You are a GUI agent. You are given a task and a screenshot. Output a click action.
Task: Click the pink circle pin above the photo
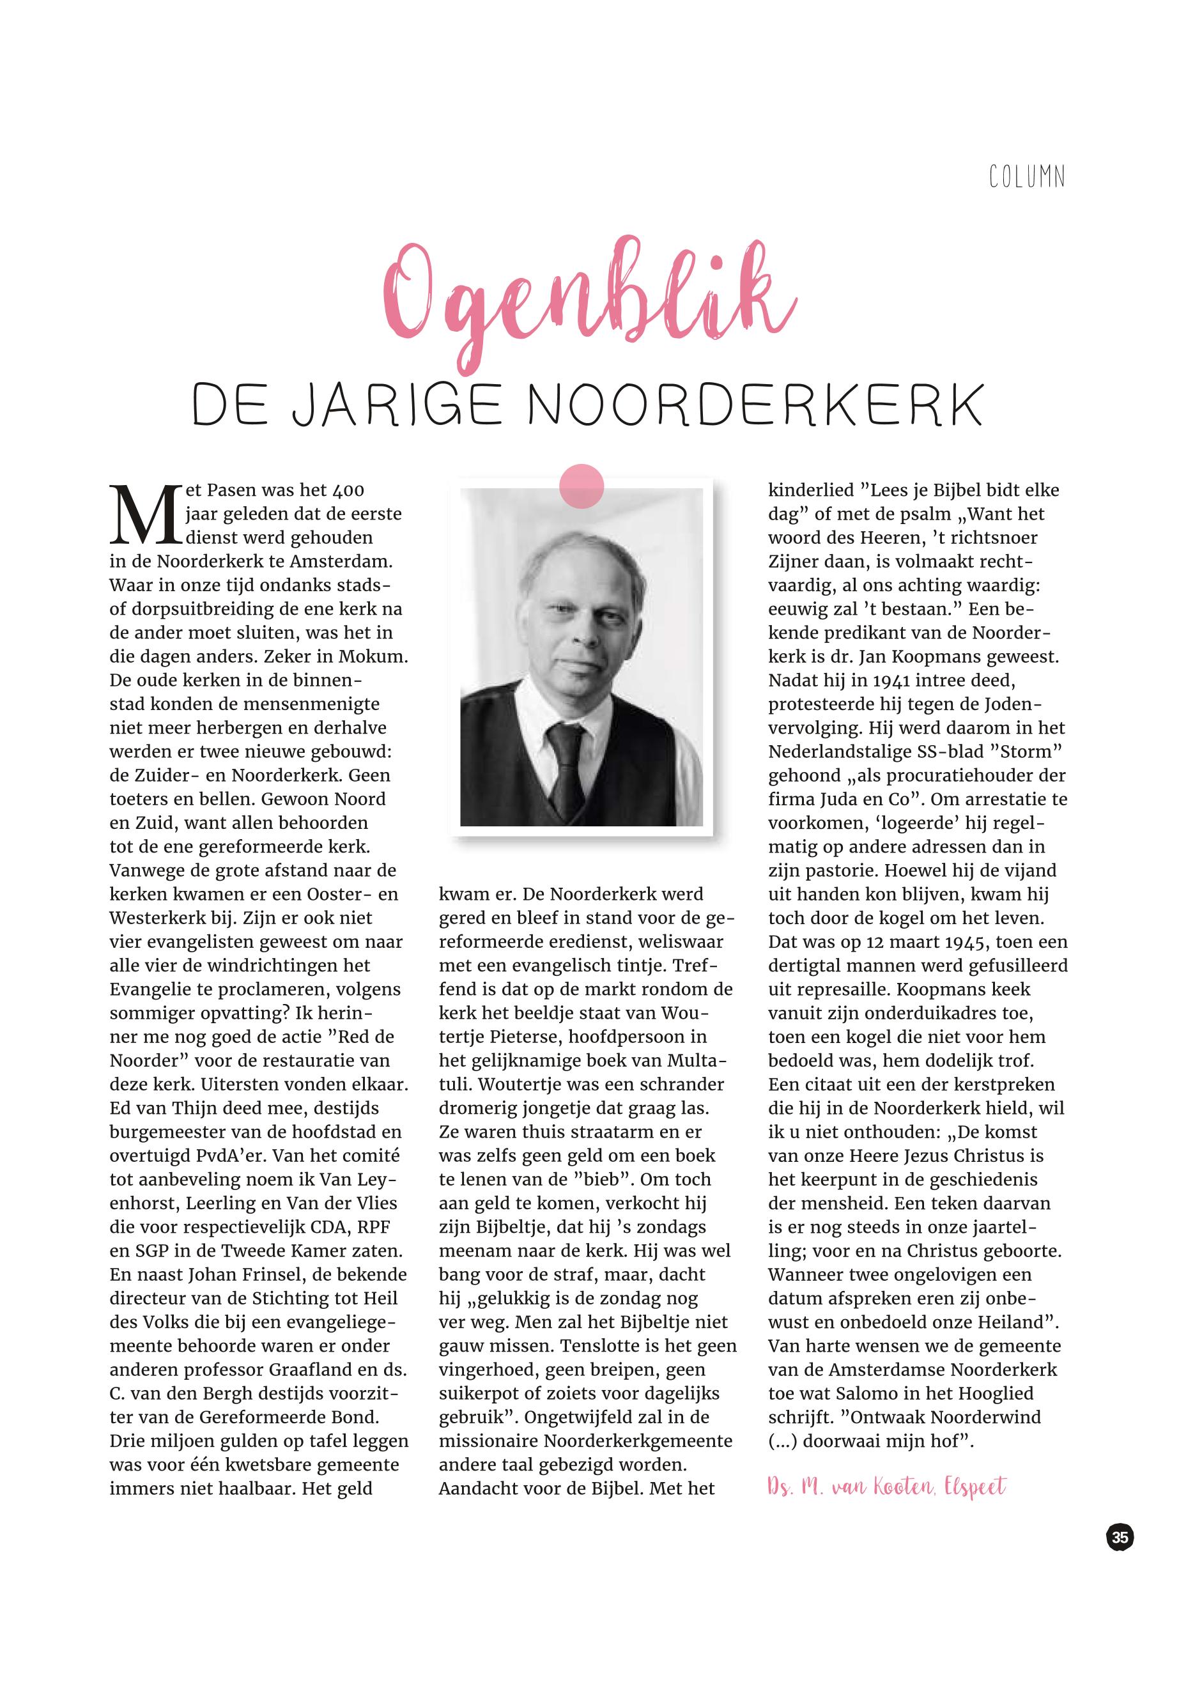[582, 486]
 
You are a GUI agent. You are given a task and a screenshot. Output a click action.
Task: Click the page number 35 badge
[1120, 1538]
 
